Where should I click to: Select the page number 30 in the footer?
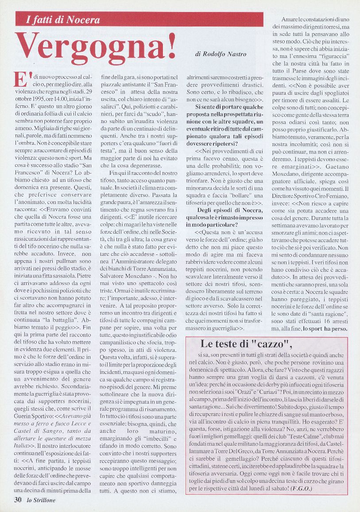coord(18,500)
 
